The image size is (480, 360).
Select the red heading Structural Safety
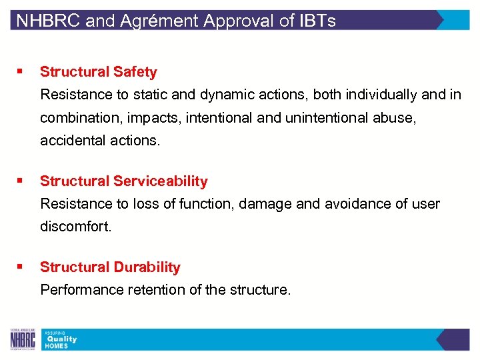(99, 72)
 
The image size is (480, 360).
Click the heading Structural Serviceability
(124, 181)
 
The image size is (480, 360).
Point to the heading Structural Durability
(110, 267)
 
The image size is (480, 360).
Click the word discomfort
(76, 227)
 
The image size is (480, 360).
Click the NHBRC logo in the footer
(23, 339)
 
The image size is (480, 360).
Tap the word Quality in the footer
(61, 339)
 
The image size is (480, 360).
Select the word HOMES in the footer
(57, 346)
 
